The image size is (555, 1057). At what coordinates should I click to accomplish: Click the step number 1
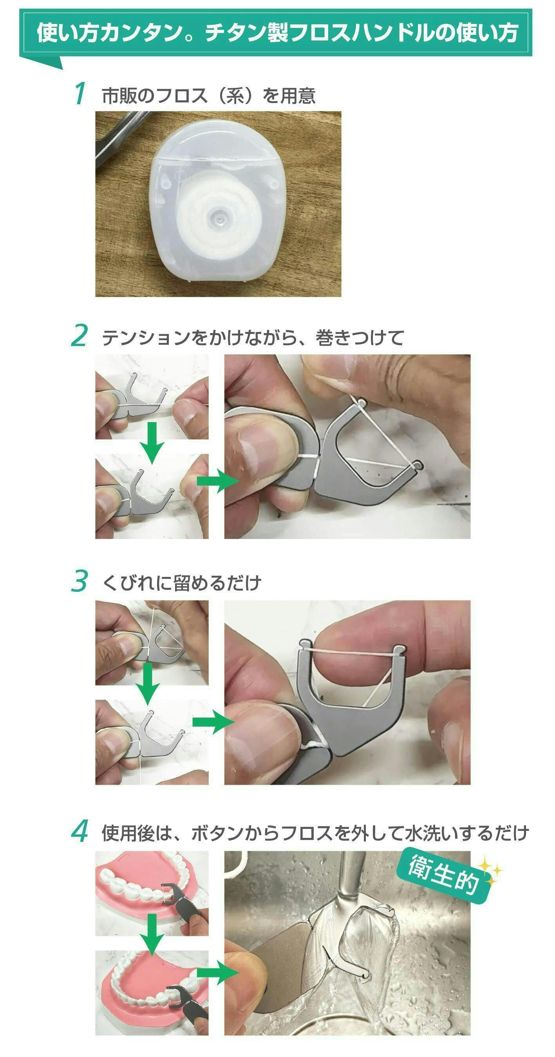80,94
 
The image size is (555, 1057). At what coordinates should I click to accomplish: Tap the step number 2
79,335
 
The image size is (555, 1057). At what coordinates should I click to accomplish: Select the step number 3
80,580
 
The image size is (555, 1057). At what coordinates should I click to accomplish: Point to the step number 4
80,831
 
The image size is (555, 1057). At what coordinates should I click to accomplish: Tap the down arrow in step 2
152,442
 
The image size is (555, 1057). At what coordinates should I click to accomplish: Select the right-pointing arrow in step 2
218,481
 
